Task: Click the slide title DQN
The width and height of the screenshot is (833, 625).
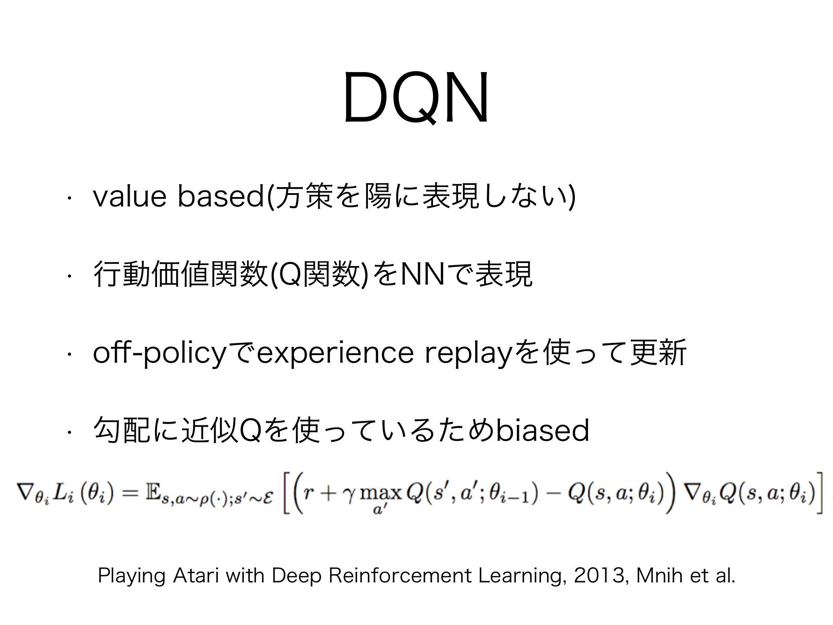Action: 416,98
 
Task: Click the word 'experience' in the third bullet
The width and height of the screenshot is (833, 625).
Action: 335,353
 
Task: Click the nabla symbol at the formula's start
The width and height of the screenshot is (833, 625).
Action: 25,494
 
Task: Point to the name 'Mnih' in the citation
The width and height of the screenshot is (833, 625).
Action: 655,576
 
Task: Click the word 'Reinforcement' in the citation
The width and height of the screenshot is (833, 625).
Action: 400,576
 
